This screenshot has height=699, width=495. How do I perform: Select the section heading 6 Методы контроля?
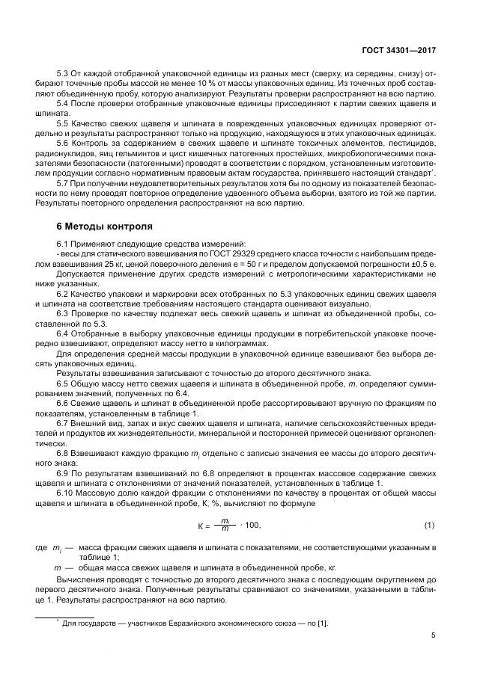105,226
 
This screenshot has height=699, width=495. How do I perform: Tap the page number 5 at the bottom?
434,636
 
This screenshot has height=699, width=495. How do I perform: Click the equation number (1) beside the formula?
430,526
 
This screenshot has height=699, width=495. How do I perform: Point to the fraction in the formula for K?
225,526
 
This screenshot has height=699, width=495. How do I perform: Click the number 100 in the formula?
251,526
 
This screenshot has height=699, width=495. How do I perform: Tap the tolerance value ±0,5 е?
419,265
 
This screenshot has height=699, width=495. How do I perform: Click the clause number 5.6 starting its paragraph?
64,142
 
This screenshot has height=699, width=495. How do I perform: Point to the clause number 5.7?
64,182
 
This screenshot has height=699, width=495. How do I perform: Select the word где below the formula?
41,548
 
